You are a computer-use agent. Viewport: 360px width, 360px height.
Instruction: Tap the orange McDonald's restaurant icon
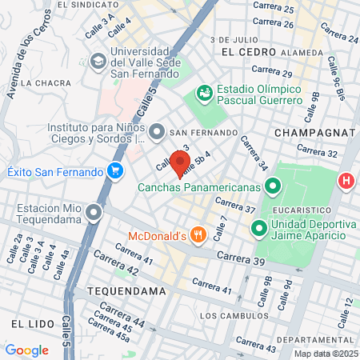[199, 235]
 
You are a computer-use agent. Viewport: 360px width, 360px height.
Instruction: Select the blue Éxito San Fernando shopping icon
[116, 171]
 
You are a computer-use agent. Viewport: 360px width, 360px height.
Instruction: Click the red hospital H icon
[347, 181]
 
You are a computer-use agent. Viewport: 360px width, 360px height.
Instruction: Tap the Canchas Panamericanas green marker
[272, 187]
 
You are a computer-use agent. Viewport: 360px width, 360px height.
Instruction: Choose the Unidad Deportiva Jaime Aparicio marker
[258, 229]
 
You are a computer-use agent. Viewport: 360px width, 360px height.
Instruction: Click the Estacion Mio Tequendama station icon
[95, 213]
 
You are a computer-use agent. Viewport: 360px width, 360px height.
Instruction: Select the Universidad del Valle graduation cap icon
[98, 61]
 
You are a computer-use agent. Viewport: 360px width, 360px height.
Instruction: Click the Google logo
[26, 350]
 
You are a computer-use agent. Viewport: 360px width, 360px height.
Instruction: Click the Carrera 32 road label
[318, 151]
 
